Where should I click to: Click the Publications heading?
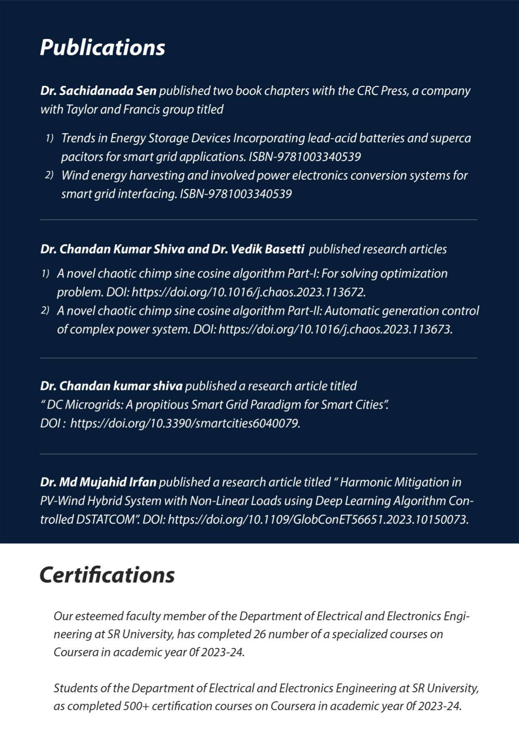[103, 47]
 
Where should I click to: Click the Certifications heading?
[107, 575]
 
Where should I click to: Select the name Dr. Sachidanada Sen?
[98, 91]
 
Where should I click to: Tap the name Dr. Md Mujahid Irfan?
[98, 482]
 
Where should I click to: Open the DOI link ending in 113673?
[335, 329]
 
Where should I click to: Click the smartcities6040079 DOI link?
[185, 423]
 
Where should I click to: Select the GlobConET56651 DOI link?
[318, 519]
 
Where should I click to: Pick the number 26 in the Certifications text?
[259, 634]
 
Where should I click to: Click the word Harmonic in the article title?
[364, 482]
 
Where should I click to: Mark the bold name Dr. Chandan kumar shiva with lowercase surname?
[111, 386]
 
